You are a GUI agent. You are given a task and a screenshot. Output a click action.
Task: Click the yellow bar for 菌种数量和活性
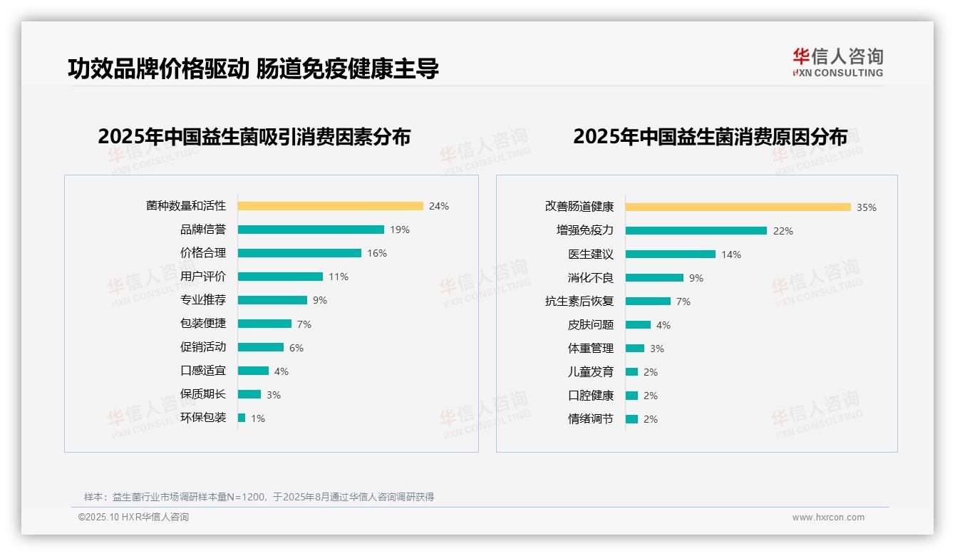(330, 206)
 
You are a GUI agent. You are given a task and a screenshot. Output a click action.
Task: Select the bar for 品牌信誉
(311, 230)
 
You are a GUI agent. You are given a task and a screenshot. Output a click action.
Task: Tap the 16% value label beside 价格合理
(377, 253)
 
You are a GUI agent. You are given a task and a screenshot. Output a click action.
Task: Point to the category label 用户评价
(202, 277)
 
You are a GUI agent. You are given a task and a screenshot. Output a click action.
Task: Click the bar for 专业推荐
(272, 300)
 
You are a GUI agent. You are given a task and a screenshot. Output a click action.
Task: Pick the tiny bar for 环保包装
(242, 418)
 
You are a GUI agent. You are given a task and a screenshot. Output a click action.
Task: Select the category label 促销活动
(202, 347)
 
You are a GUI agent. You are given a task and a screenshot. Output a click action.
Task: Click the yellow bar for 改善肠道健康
(738, 207)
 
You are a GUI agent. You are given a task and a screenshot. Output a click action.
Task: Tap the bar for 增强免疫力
(696, 231)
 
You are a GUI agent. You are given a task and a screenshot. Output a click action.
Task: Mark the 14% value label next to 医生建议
(731, 254)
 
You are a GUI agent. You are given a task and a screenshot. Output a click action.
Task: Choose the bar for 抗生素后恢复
(648, 302)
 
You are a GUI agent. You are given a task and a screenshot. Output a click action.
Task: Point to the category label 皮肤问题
(590, 325)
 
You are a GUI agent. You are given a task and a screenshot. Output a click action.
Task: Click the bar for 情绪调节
(631, 419)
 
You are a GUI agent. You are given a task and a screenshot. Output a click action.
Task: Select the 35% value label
(867, 207)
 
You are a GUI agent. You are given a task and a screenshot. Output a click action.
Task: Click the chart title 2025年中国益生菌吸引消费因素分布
(254, 137)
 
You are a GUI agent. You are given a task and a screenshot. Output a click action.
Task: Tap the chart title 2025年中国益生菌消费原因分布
(710, 137)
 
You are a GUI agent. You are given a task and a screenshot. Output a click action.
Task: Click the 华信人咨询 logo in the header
(837, 63)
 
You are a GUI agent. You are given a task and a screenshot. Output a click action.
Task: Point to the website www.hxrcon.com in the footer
(828, 518)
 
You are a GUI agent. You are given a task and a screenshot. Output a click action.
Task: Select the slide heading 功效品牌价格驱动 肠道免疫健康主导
(253, 68)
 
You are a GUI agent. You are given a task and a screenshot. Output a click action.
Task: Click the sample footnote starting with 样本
(259, 497)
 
